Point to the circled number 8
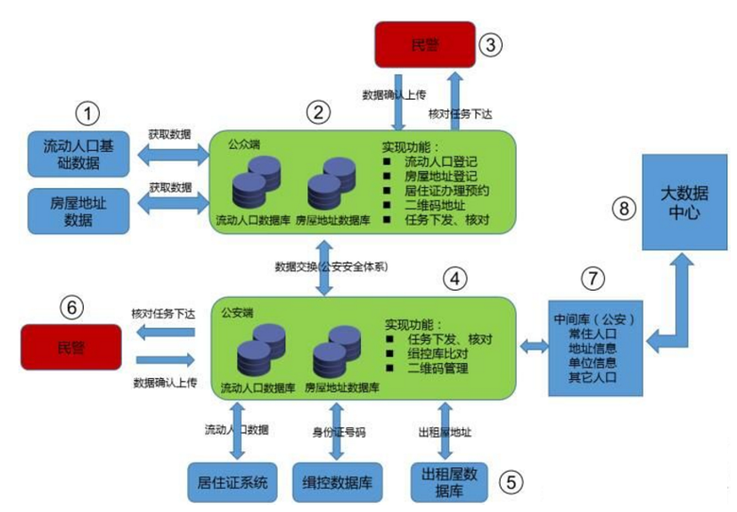tap(626, 207)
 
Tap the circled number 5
tap(511, 482)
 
